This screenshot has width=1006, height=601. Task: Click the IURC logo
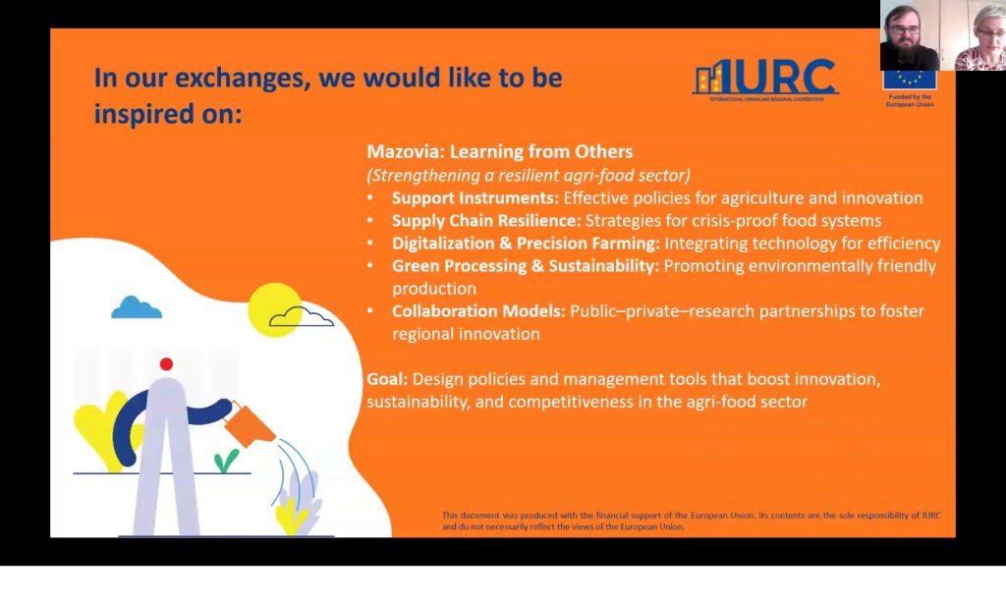click(765, 80)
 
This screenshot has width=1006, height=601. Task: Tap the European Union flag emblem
click(910, 80)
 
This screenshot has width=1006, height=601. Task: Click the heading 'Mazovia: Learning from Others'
click(500, 152)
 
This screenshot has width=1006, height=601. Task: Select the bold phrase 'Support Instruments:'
click(475, 198)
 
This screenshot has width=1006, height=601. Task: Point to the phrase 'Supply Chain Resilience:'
click(486, 221)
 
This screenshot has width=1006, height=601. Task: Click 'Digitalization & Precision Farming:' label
click(527, 244)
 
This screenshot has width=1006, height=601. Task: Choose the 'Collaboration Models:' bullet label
click(478, 311)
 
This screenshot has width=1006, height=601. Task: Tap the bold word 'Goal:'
click(387, 379)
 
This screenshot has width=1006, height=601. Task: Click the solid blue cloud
click(136, 308)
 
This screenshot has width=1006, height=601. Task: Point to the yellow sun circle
click(275, 309)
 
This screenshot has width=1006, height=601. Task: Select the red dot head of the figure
click(166, 364)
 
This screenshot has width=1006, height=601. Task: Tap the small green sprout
click(225, 461)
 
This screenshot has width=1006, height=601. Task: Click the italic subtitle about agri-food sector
click(529, 175)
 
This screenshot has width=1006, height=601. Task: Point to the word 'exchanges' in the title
click(239, 79)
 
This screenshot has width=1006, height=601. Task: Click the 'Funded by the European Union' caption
click(910, 101)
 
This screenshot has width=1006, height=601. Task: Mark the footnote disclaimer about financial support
click(691, 520)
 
